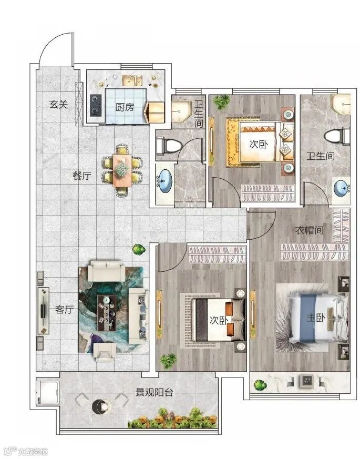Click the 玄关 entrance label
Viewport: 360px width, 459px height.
[x=59, y=104]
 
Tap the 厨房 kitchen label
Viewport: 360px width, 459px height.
[x=125, y=107]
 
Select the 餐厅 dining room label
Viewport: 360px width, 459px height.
[x=82, y=176]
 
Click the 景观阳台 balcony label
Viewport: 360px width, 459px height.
[x=154, y=392]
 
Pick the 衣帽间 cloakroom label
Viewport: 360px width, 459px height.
[x=310, y=230]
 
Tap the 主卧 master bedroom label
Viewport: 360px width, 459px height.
[x=316, y=318]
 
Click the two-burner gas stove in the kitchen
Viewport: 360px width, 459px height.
[x=96, y=105]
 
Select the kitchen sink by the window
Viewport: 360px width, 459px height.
[x=132, y=80]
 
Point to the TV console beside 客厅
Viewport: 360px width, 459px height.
[x=43, y=310]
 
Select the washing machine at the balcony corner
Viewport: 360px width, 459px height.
[x=48, y=391]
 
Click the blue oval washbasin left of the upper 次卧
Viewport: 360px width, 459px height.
[x=164, y=181]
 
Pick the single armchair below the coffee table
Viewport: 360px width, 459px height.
[x=105, y=351]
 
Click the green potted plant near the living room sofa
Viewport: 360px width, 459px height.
[x=138, y=249]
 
